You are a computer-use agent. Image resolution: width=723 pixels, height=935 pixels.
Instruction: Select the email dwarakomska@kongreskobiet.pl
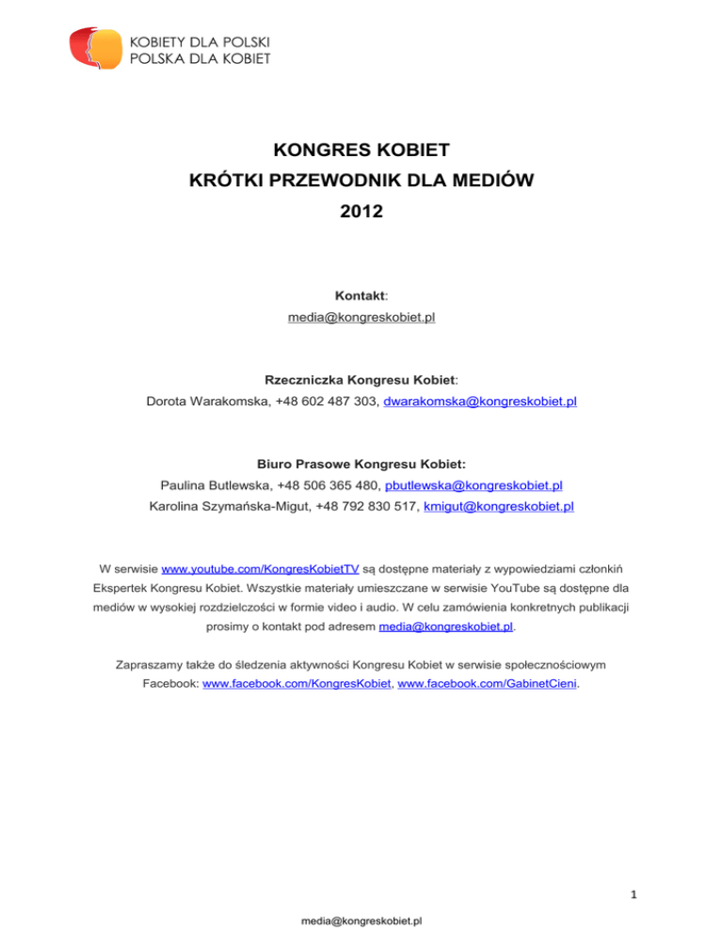tap(481, 402)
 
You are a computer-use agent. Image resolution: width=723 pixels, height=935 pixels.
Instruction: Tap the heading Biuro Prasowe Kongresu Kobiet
tap(361, 463)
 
